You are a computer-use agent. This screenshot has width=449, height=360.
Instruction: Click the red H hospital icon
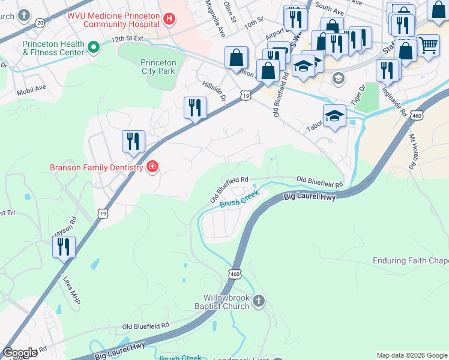coord(169,20)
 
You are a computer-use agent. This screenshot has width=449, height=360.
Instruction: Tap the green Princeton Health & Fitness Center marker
coord(93,46)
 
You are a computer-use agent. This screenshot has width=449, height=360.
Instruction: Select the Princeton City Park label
coord(158,67)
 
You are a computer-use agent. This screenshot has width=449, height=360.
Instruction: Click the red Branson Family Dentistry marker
coord(152,166)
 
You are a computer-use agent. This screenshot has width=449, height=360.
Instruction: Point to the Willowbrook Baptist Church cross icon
coord(258,301)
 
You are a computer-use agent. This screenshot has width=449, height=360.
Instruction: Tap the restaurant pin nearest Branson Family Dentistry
coord(133,142)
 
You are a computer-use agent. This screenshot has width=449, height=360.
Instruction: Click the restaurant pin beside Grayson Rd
coord(64,247)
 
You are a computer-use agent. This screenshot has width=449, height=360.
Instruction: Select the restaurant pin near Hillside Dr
coord(195,108)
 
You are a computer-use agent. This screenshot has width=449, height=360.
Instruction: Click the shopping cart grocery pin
coord(428,45)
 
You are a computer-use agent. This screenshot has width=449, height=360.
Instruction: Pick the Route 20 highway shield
coord(40,22)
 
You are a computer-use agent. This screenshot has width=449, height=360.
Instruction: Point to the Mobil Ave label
coord(32,88)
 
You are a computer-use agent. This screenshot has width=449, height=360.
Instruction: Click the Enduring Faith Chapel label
coord(411,260)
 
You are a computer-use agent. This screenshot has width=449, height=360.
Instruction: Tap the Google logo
coord(20,353)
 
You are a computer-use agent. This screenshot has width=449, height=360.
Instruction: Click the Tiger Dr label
coord(359,96)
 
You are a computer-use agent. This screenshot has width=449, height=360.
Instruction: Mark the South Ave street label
coord(329,8)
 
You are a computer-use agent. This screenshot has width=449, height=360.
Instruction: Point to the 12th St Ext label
coord(127,38)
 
